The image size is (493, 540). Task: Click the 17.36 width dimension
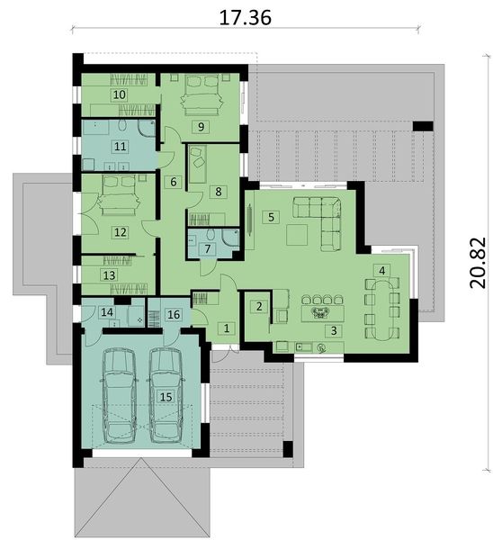pyautogui.click(x=245, y=18)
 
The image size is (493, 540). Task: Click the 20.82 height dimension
pyautogui.click(x=478, y=263)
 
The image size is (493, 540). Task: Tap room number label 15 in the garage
pyautogui.click(x=166, y=397)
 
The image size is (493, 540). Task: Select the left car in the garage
pyautogui.click(x=119, y=396)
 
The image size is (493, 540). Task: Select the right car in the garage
pyautogui.click(x=166, y=396)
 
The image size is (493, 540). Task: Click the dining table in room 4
pyautogui.click(x=382, y=310)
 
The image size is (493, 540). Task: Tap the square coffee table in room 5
pyautogui.click(x=297, y=235)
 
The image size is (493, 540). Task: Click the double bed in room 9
pyautogui.click(x=201, y=94)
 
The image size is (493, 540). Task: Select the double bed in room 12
pyautogui.click(x=119, y=195)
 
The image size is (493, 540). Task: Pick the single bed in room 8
pyautogui.click(x=197, y=165)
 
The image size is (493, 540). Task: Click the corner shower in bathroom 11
pyautogui.click(x=147, y=128)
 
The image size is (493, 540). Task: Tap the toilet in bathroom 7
pyautogui.click(x=211, y=235)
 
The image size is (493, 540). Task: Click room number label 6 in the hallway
pyautogui.click(x=173, y=182)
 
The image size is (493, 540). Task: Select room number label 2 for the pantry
pyautogui.click(x=259, y=306)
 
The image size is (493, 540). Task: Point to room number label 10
pyautogui.click(x=120, y=94)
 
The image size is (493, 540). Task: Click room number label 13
pyautogui.click(x=110, y=275)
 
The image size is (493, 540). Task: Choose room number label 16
pyautogui.click(x=174, y=314)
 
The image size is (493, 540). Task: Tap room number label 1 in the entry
pyautogui.click(x=227, y=328)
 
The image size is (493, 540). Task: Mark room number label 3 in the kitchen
pyautogui.click(x=334, y=330)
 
